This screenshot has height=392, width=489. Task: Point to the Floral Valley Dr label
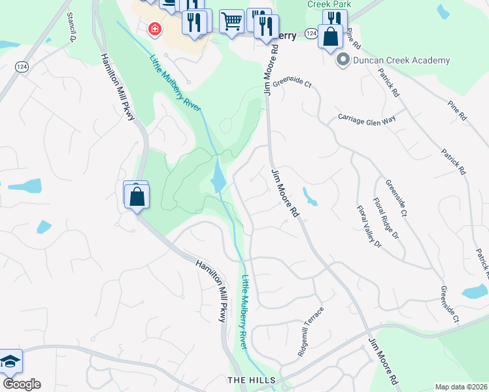(368, 227)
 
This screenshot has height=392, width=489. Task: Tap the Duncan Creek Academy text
(401, 60)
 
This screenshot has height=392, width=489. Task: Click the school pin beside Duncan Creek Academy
(342, 60)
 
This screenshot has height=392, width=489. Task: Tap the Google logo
(22, 384)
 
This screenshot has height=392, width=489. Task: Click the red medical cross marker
(155, 29)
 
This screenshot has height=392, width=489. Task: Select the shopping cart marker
(231, 22)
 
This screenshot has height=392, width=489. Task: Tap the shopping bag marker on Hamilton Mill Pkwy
(137, 196)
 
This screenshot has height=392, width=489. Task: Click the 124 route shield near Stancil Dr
(22, 67)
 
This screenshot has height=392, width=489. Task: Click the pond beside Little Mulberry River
(217, 176)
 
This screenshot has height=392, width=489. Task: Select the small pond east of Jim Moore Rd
(309, 197)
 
